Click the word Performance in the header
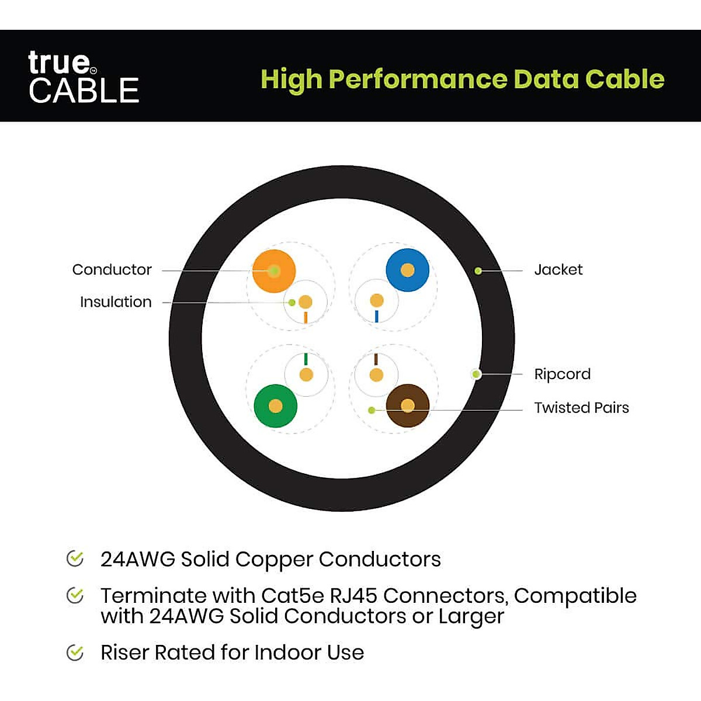418,79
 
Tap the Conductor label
112,270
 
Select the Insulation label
116,302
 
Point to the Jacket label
558,270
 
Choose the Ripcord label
562,374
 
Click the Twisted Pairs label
581,408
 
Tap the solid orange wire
274,271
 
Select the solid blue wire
408,270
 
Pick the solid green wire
276,406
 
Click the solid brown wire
408,406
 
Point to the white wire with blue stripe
377,302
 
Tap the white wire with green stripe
306,374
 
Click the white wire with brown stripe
377,374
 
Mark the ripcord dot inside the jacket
477,374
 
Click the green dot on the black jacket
478,271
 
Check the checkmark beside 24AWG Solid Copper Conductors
75,558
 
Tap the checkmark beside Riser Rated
75,652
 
